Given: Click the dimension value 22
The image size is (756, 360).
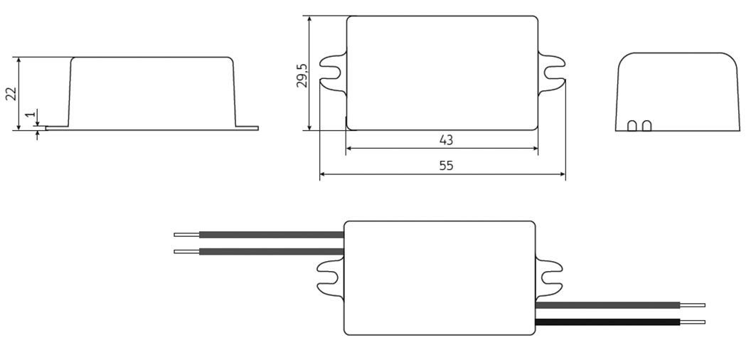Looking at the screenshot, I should point(11,94).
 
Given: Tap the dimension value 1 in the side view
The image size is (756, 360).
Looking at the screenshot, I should point(29,114).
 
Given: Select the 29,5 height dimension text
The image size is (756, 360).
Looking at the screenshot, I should point(302,75).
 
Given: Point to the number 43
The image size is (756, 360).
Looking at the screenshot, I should point(446,140).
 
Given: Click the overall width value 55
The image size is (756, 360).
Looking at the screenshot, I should point(446,166).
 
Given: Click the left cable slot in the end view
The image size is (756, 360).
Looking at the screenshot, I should point(632,126).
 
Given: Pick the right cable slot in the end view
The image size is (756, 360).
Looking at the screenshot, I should point(646,126).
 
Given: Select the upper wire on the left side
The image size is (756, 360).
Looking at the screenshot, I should point(271,234).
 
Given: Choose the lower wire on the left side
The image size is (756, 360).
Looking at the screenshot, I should point(271,251).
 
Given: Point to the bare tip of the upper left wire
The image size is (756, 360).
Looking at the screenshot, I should point(186,234).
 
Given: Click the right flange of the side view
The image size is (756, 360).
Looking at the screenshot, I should point(247,128).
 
